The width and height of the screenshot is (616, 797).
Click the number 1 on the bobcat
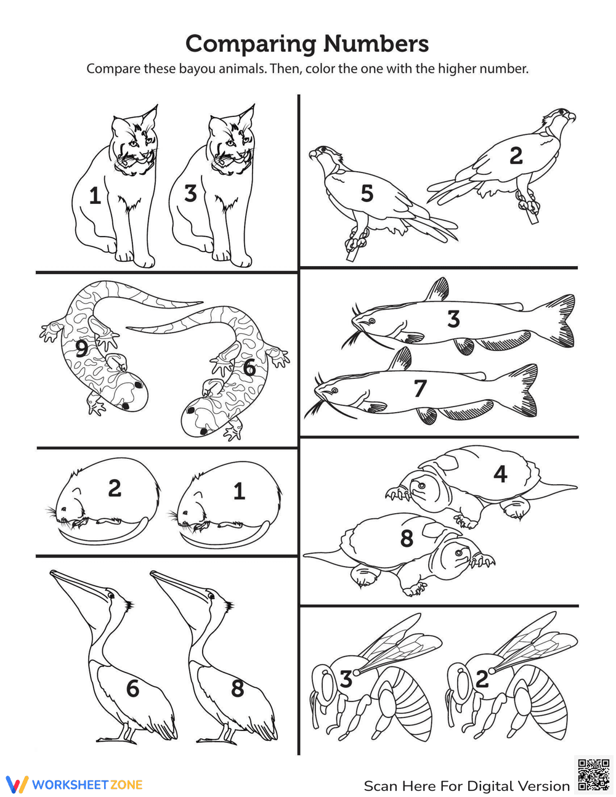(94, 196)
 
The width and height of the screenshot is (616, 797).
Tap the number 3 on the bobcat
(190, 193)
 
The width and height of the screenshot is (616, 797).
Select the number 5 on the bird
(367, 194)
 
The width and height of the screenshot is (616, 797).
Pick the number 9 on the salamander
(81, 349)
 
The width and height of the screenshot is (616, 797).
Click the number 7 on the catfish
(420, 389)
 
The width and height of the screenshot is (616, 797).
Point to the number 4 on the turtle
(500, 474)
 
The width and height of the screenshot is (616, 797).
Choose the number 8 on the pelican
(238, 688)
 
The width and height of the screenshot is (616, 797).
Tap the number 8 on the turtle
(407, 538)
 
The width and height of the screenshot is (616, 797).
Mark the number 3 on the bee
(346, 679)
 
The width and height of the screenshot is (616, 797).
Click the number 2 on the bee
(482, 679)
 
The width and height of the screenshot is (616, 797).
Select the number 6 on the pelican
(132, 688)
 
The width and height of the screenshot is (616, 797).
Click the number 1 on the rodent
(239, 491)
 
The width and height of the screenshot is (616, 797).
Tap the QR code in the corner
(593, 774)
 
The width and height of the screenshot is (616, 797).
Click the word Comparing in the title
(251, 44)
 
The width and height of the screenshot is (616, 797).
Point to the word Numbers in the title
(376, 44)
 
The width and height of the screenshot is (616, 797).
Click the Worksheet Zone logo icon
(17, 784)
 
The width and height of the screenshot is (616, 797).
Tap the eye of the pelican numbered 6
(111, 596)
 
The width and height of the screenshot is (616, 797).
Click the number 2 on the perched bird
(516, 156)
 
